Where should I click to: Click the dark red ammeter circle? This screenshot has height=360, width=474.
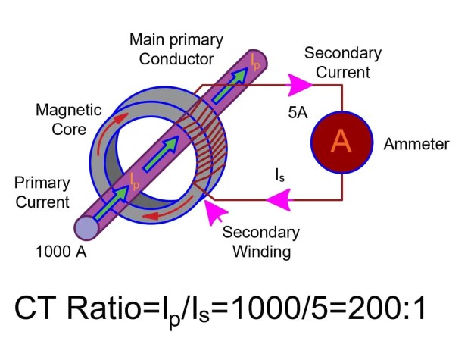(x=341, y=142)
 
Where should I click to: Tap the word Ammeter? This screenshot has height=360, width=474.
(x=416, y=144)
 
